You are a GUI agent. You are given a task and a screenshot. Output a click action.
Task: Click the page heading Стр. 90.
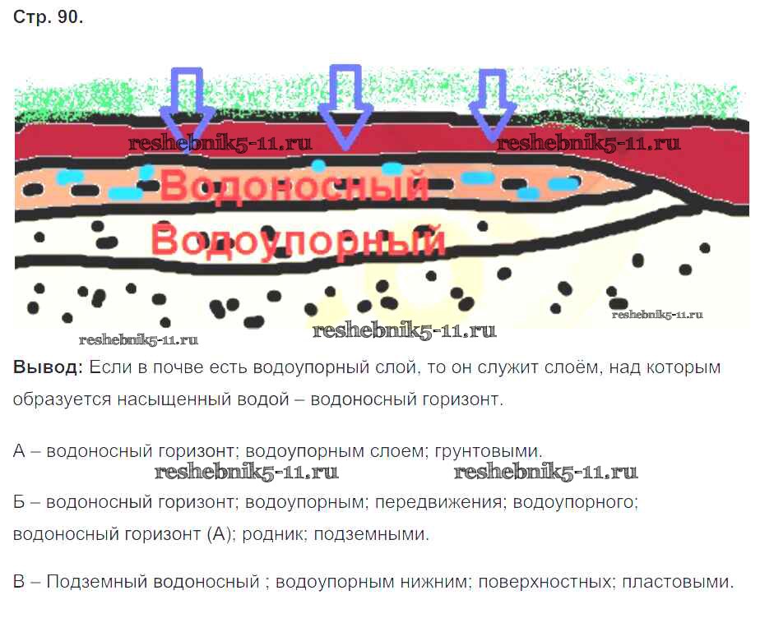pyautogui.click(x=48, y=19)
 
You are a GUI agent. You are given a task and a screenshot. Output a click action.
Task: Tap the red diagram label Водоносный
pyautogui.click(x=294, y=187)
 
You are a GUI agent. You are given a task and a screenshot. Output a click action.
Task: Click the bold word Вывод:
pyautogui.click(x=48, y=367)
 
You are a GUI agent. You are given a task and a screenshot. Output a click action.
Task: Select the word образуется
pyautogui.click(x=52, y=400)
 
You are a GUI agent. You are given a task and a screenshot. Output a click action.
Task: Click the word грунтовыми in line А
pyautogui.click(x=497, y=451)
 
